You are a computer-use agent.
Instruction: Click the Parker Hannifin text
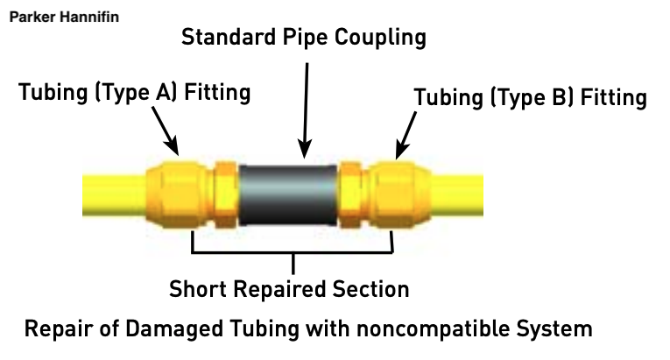(64, 18)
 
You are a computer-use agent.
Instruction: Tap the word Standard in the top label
(229, 37)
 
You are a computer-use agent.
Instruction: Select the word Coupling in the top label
(380, 38)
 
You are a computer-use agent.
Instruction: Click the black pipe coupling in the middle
(287, 195)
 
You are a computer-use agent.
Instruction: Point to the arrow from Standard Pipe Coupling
(306, 110)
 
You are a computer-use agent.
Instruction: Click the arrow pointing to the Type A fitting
(165, 131)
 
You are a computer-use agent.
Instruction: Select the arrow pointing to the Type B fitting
(406, 136)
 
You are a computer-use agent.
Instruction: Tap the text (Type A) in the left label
(136, 92)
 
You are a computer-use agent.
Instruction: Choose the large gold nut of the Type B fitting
(399, 194)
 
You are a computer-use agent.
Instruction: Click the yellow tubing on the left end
(115, 194)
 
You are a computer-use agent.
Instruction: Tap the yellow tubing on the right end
(457, 194)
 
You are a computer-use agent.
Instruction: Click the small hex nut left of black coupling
(226, 194)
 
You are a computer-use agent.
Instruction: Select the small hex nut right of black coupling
(350, 194)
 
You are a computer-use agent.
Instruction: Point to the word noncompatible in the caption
(433, 328)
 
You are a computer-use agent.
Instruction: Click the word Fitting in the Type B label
(614, 97)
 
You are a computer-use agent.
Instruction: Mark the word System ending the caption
(554, 328)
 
